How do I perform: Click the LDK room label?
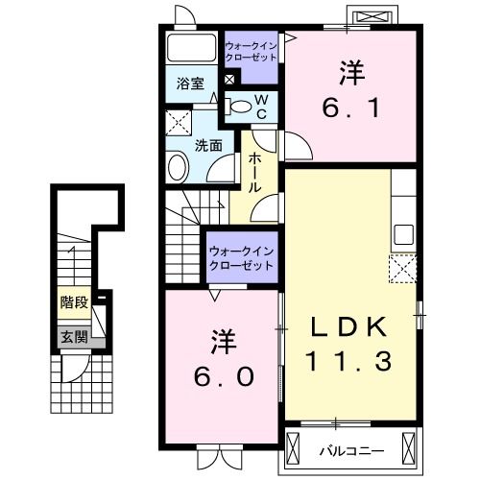348,327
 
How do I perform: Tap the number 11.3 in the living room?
348,362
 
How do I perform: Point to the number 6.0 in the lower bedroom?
219,376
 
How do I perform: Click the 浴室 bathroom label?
188,84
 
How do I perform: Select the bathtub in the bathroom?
192,49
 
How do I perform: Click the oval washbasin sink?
179,170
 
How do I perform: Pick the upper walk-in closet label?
252,52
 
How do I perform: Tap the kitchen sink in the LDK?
403,234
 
